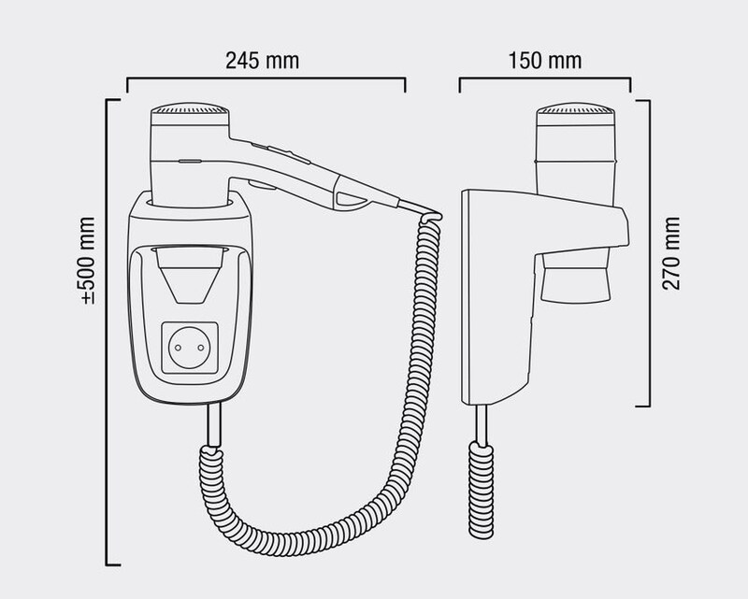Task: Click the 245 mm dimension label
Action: (x=263, y=61)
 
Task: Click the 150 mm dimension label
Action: (x=545, y=61)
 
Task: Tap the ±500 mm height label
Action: (x=88, y=261)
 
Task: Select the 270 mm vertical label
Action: (x=670, y=253)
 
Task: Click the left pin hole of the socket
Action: (x=178, y=348)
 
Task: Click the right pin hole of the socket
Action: (x=201, y=348)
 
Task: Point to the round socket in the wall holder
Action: (x=190, y=348)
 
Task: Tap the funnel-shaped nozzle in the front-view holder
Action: (x=190, y=275)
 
